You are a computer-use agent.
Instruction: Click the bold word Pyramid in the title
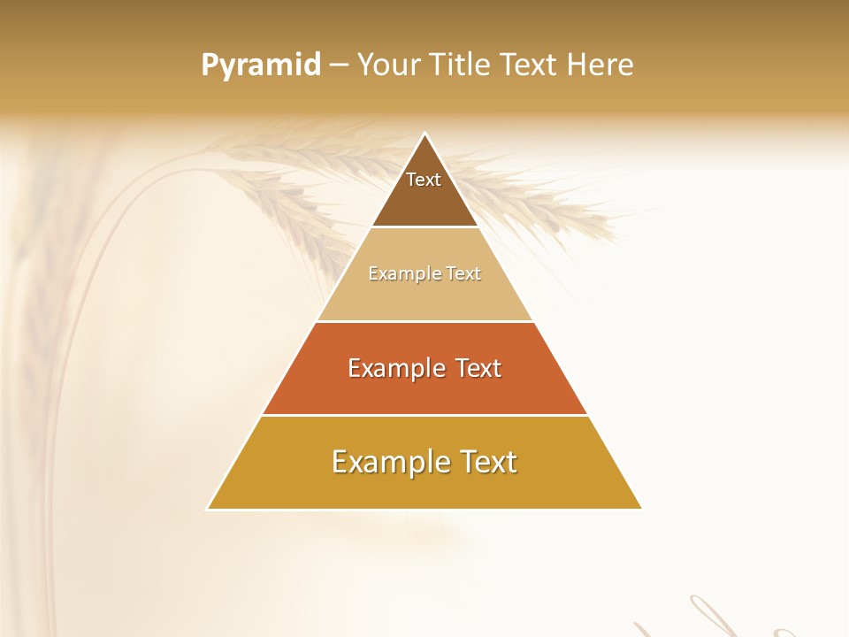[261, 65]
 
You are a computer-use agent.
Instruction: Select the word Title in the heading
[463, 65]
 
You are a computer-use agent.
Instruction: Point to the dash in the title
[339, 65]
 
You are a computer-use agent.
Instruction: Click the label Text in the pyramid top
[424, 180]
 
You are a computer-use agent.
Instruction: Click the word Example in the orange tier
[394, 368]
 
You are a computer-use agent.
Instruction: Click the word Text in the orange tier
[478, 368]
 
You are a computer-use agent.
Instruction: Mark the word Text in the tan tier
[463, 274]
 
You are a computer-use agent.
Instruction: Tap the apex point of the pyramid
[424, 134]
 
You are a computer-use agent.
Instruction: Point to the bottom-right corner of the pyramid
[640, 508]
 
